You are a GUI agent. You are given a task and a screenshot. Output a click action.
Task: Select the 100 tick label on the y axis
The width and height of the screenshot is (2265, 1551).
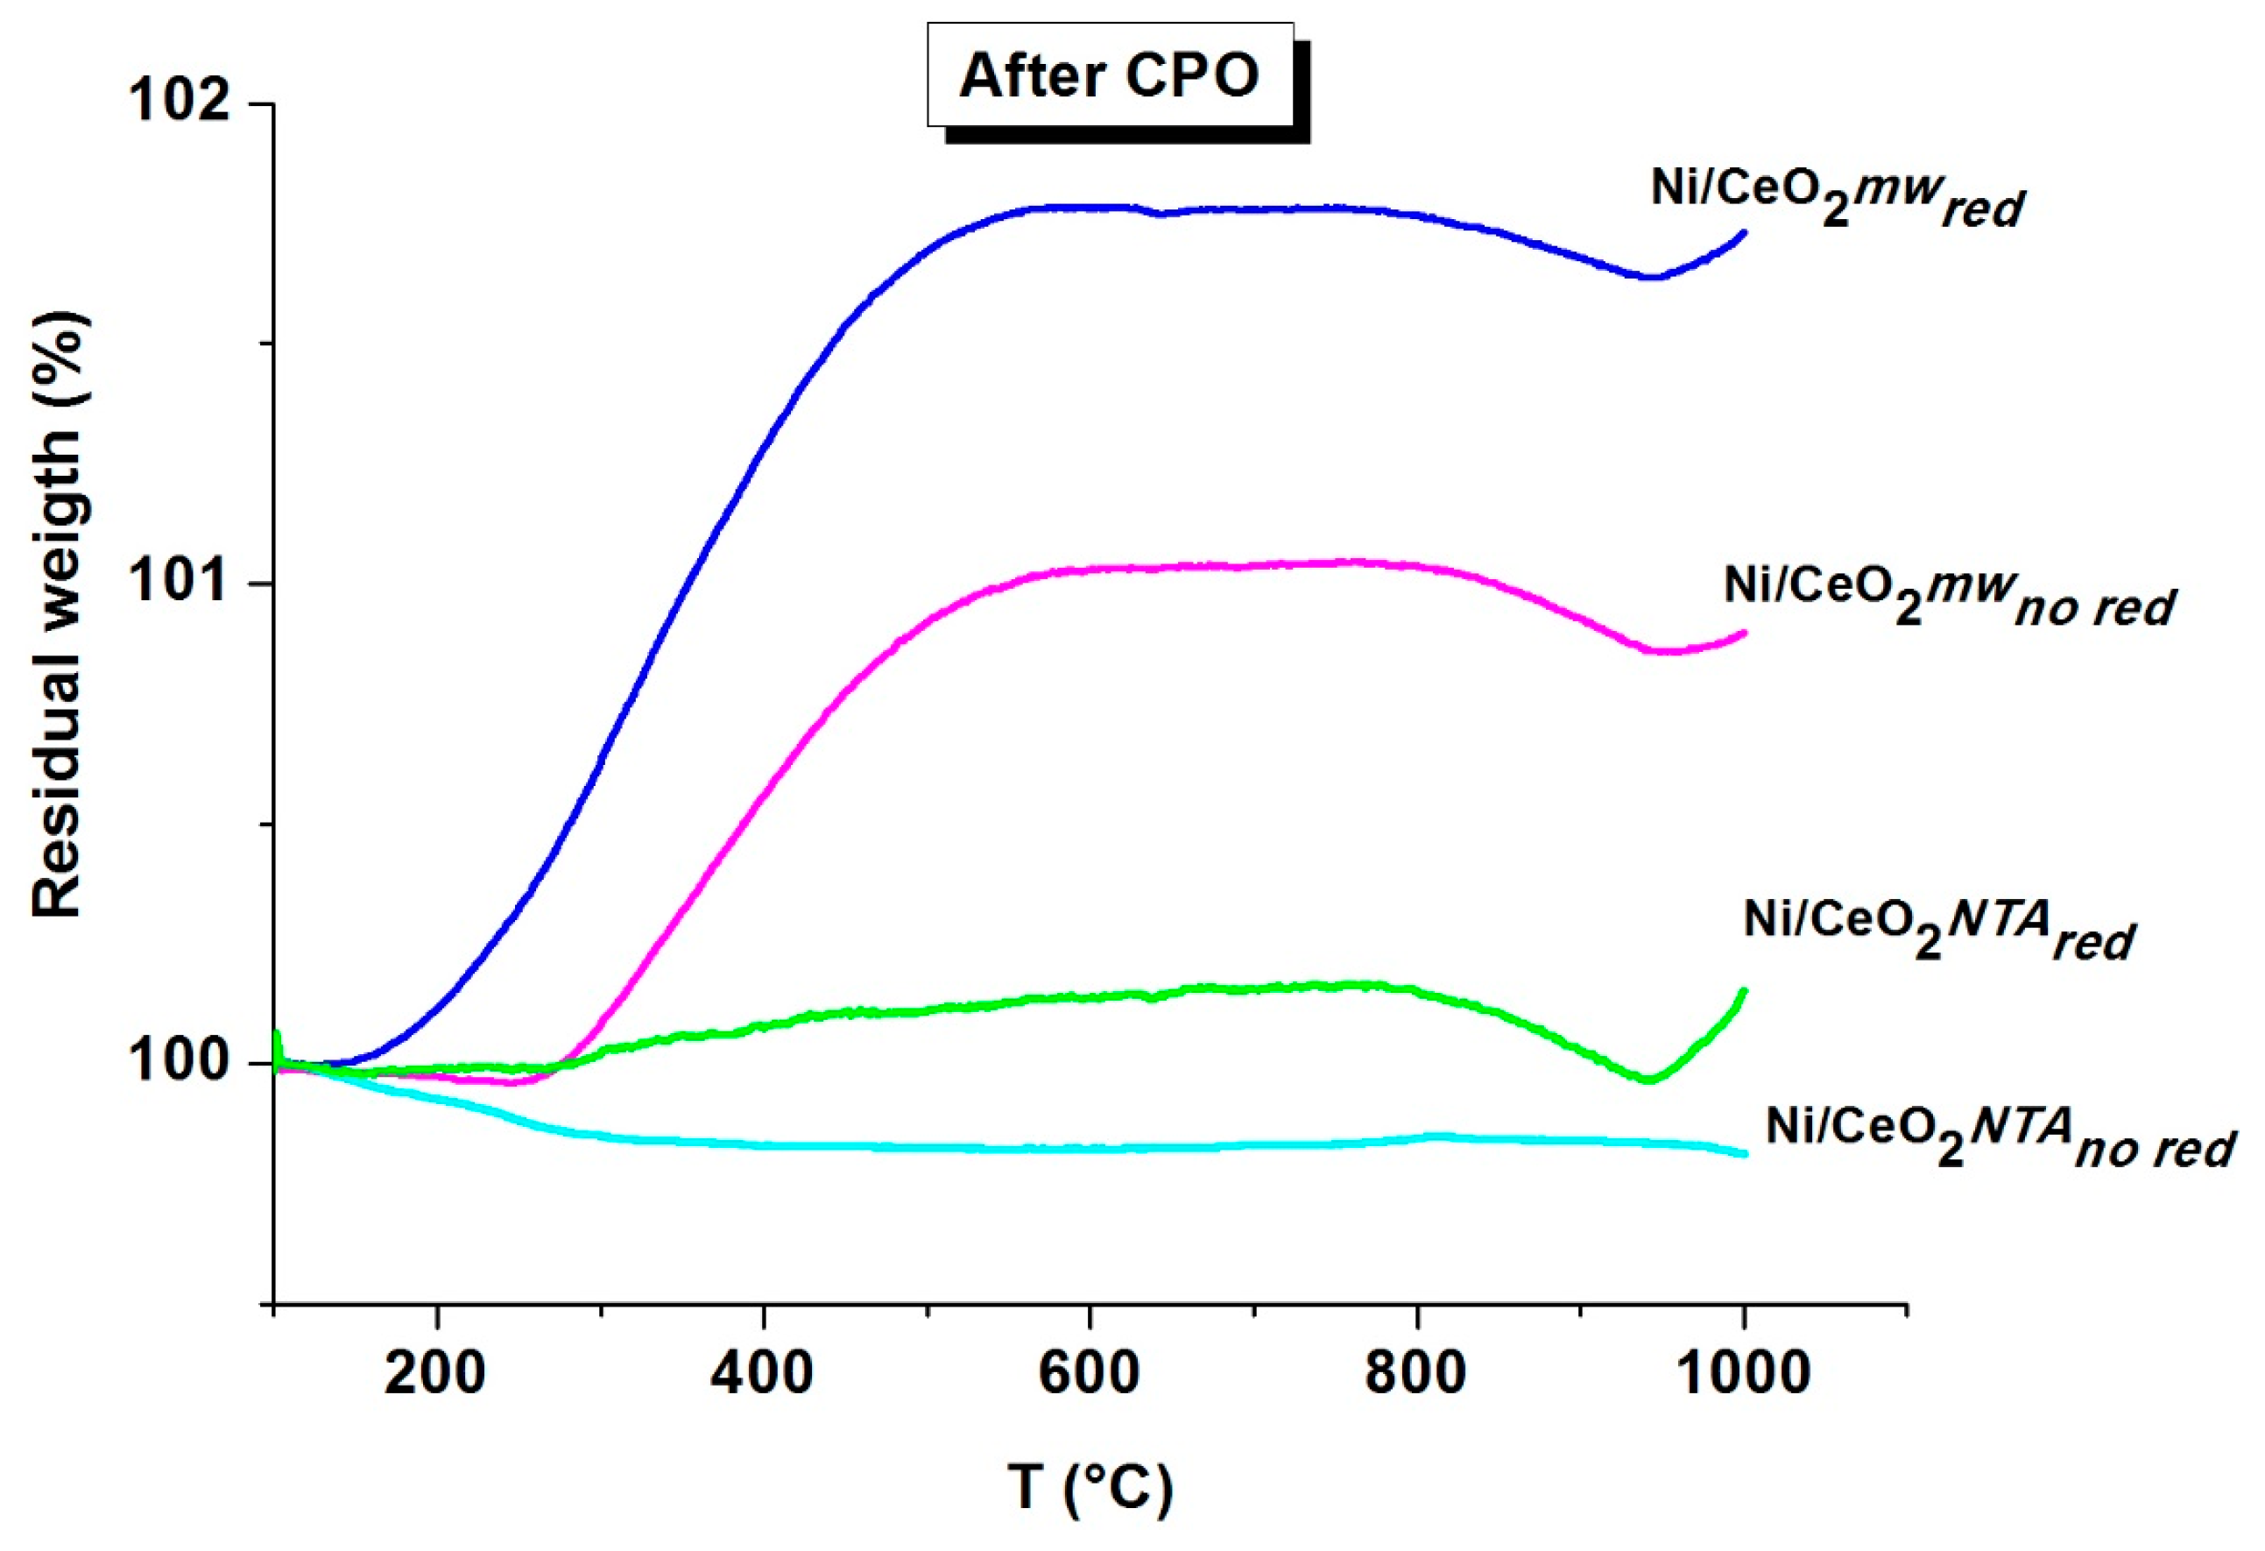point(180,1062)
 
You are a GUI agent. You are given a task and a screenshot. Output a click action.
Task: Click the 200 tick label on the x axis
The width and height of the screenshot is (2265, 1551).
point(434,1374)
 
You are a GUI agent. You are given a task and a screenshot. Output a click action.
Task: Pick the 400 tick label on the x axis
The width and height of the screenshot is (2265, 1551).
point(761,1374)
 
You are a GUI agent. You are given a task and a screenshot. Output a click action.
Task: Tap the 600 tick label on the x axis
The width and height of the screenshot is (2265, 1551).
point(1088,1374)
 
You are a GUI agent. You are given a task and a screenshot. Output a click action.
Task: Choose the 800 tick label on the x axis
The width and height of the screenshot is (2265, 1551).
point(1415,1374)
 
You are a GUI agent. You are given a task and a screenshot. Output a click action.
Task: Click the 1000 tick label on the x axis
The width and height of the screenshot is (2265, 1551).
point(1743,1374)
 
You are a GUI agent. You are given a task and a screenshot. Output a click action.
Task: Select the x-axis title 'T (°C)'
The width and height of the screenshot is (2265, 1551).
point(1090,1488)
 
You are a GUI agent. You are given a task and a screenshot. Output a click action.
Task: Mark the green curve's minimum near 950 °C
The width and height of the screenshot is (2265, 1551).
point(1648,1080)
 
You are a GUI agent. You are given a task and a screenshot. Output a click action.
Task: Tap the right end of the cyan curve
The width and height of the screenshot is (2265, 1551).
point(1745,1154)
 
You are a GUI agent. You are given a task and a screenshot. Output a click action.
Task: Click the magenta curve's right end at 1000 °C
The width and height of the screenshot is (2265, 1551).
point(1745,633)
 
